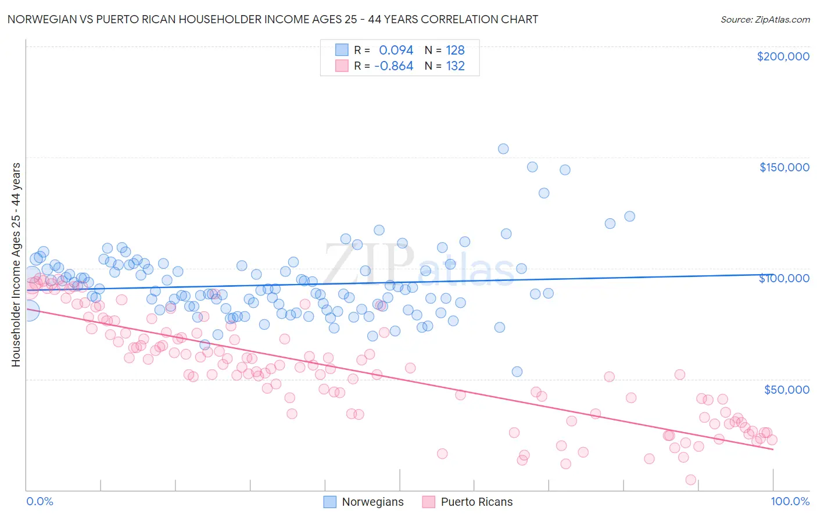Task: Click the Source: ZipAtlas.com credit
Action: (x=765, y=19)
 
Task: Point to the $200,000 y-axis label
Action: (x=783, y=56)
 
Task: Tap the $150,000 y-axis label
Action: (x=784, y=167)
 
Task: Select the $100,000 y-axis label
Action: (x=784, y=278)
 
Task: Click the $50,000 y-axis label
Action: (x=786, y=390)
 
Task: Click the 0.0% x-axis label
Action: (x=40, y=501)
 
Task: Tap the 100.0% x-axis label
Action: (x=790, y=501)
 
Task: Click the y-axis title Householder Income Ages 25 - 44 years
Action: (x=16, y=265)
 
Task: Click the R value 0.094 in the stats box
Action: (x=396, y=50)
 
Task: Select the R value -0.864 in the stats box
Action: (x=393, y=66)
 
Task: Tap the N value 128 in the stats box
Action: (x=455, y=50)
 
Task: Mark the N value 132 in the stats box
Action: (x=455, y=66)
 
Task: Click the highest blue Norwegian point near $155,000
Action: (x=503, y=149)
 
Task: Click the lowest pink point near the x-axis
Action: (x=690, y=480)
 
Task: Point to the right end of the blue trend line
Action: (x=773, y=275)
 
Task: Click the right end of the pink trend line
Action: (x=773, y=449)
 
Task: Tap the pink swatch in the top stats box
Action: (x=342, y=66)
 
